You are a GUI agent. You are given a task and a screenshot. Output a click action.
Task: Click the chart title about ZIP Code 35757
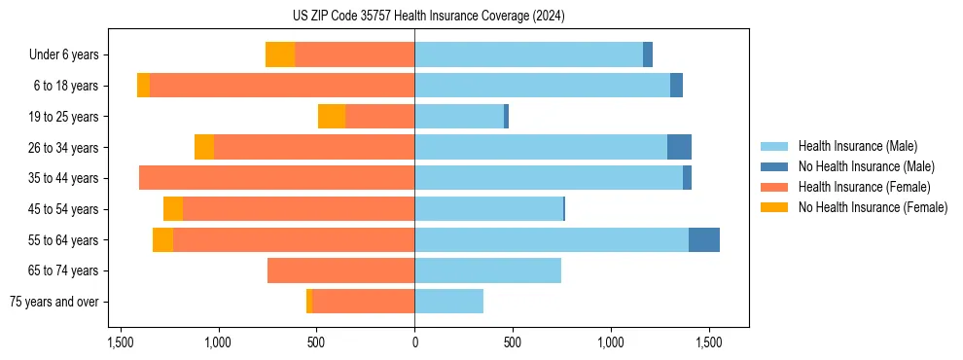point(428,16)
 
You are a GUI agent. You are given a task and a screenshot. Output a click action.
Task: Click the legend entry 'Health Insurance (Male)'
point(857,146)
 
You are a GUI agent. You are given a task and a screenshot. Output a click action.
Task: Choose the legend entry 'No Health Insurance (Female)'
point(873,207)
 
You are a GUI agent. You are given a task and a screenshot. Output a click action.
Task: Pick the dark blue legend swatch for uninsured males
point(774,166)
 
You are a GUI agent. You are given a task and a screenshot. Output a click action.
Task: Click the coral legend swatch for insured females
point(774,187)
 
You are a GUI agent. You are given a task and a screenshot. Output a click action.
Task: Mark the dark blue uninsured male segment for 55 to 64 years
point(704,239)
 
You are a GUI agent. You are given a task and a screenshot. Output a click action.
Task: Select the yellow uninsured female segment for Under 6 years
point(280,54)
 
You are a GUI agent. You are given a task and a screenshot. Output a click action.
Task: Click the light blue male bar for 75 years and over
point(448,302)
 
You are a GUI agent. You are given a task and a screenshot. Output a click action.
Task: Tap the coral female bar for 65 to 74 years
point(340,270)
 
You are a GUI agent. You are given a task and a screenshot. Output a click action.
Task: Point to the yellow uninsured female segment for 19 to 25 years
point(332,117)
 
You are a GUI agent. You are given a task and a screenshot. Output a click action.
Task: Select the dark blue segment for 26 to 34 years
point(679,147)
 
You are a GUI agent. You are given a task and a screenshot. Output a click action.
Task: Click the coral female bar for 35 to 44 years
point(276,178)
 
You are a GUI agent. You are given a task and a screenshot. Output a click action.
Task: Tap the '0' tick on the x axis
point(414,342)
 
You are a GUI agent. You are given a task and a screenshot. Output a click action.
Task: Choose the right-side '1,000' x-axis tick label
point(611,342)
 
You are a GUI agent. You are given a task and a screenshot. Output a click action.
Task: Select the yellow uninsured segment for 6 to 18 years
point(143,86)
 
